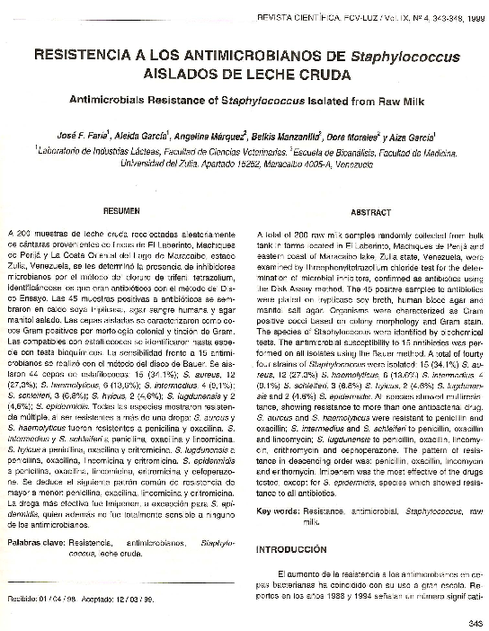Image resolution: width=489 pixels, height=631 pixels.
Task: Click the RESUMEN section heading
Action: click(x=121, y=211)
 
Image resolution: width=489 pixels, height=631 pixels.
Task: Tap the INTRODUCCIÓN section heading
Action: click(x=292, y=548)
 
